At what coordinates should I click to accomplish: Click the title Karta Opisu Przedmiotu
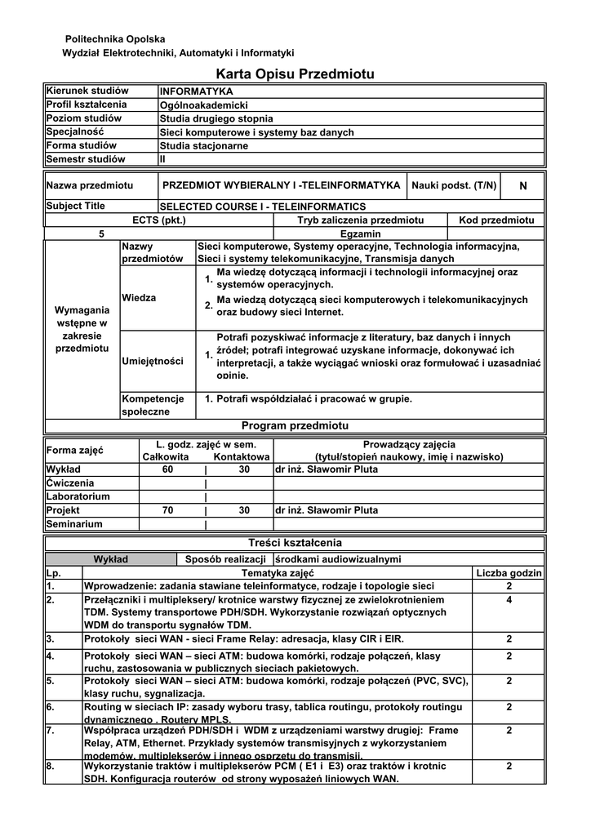point(295,74)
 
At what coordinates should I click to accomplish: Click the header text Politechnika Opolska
point(114,39)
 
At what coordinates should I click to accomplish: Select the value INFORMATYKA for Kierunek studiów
point(197,91)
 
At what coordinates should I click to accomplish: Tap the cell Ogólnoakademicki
point(203,105)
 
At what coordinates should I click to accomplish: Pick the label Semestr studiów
point(86,159)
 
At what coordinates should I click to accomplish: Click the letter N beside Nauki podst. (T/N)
point(523,186)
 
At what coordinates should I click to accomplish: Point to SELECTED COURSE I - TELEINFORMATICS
point(263,207)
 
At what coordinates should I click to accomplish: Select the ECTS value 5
point(102,233)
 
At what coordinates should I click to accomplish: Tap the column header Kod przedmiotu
point(496,220)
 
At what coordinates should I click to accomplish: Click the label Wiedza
point(139,298)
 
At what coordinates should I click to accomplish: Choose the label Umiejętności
point(153,361)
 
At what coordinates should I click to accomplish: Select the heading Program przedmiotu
point(295,426)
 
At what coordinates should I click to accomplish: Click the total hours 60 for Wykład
point(168,470)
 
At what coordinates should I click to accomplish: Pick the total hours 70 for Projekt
point(168,510)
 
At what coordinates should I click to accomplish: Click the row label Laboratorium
point(78,496)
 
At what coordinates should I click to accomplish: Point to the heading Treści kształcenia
point(295,543)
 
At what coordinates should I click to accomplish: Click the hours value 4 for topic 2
point(509,600)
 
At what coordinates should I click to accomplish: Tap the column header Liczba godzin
point(509,573)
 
